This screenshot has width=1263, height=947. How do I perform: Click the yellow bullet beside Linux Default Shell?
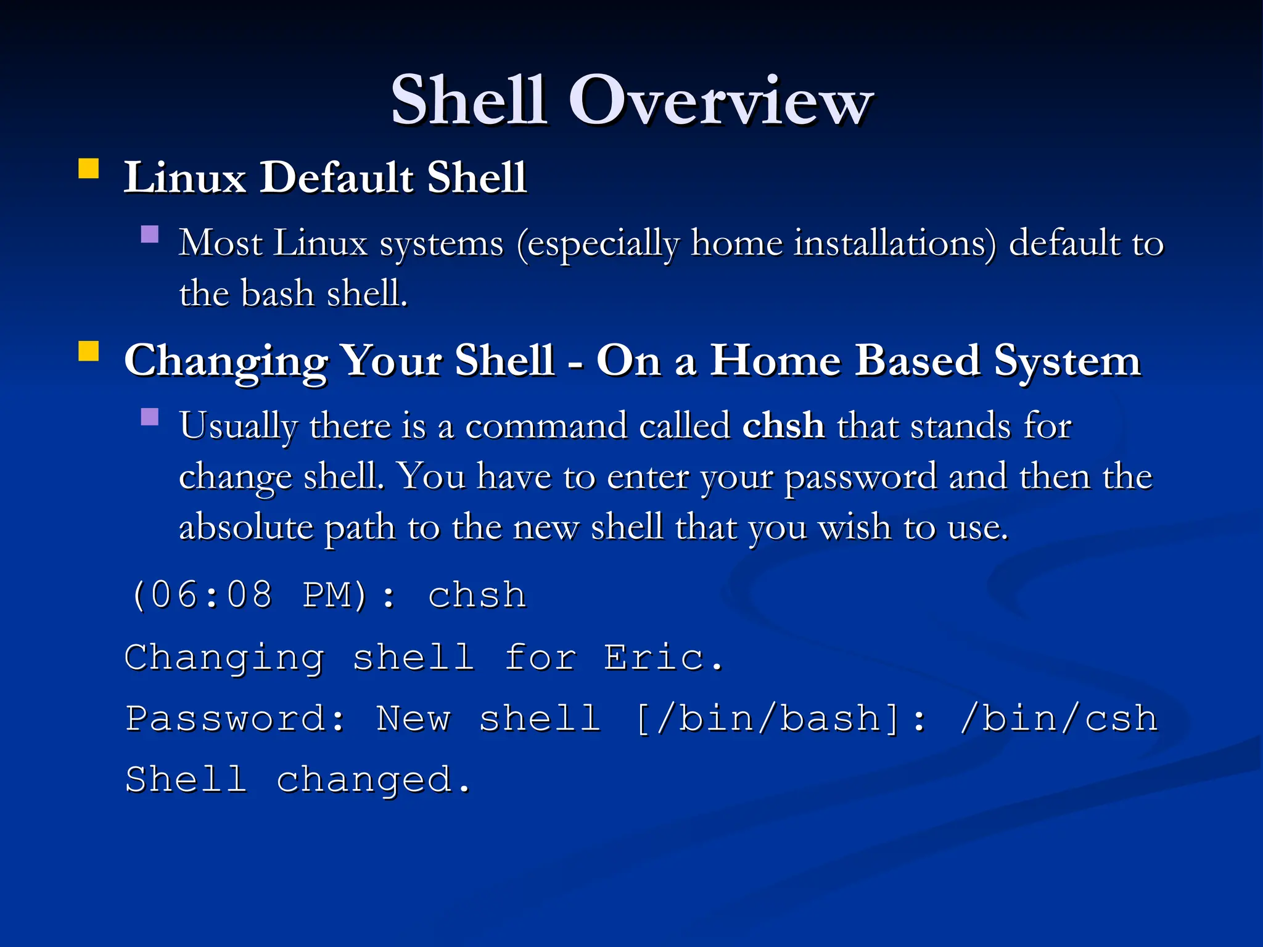tap(89, 168)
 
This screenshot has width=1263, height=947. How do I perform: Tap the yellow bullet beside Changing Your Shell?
tap(89, 351)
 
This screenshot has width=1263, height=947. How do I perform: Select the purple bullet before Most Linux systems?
tap(150, 234)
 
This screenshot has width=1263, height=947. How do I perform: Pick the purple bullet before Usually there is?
tap(150, 417)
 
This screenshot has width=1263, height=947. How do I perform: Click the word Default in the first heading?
tap(337, 178)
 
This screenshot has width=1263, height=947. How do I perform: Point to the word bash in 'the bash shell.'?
tap(277, 293)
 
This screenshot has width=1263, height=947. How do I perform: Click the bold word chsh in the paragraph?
tap(783, 425)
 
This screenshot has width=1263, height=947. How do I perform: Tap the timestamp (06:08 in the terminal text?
tap(201, 596)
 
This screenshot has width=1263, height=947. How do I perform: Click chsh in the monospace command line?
tap(477, 596)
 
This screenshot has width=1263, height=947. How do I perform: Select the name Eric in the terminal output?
tap(654, 657)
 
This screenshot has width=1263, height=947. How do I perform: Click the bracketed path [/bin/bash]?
tap(768, 719)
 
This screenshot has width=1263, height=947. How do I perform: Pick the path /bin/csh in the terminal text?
tap(1058, 719)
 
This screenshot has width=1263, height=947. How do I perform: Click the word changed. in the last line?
tap(374, 780)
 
